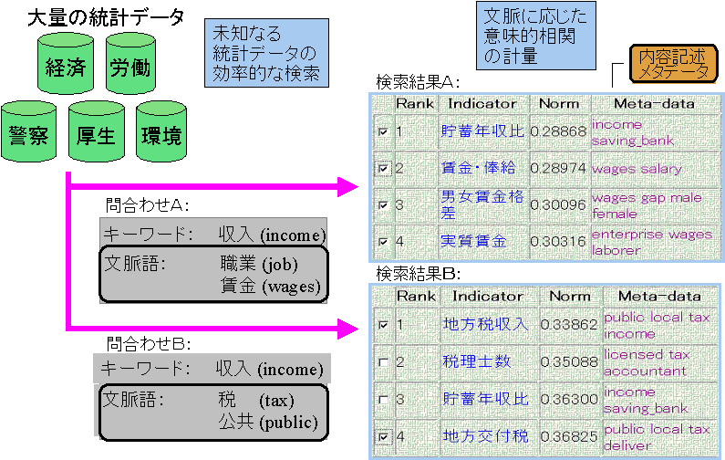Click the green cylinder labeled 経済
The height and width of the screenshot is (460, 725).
coord(67,68)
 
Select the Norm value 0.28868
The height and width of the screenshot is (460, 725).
coord(558,132)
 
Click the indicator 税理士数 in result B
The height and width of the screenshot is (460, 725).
coord(476,362)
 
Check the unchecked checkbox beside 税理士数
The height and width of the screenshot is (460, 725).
coord(383,362)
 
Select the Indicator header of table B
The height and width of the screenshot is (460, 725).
coord(488,296)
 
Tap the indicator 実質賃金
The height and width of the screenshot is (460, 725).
coord(474,241)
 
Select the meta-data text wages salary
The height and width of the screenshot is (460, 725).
coord(637,169)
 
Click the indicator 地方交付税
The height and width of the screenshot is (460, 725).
coord(484,437)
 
